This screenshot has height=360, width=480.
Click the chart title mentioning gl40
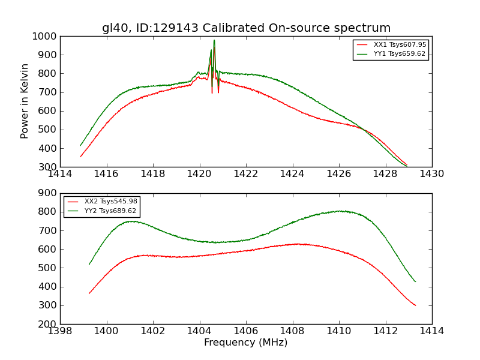click(x=246, y=28)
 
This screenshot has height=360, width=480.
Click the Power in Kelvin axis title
click(x=25, y=101)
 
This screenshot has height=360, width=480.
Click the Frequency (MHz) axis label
click(x=246, y=343)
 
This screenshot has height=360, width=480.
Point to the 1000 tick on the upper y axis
click(x=46, y=36)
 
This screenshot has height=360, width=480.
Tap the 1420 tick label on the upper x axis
click(x=199, y=173)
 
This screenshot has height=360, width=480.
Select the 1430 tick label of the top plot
click(x=431, y=173)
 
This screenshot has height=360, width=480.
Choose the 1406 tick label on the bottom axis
click(x=246, y=331)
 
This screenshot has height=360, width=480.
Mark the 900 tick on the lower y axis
click(x=48, y=193)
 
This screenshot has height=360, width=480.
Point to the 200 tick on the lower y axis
click(x=48, y=324)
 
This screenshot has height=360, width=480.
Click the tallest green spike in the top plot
click(x=214, y=41)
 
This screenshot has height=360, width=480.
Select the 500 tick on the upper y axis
click(x=48, y=130)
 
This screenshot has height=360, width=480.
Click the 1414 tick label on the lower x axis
click(x=431, y=331)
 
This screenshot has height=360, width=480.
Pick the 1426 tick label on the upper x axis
click(x=339, y=173)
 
